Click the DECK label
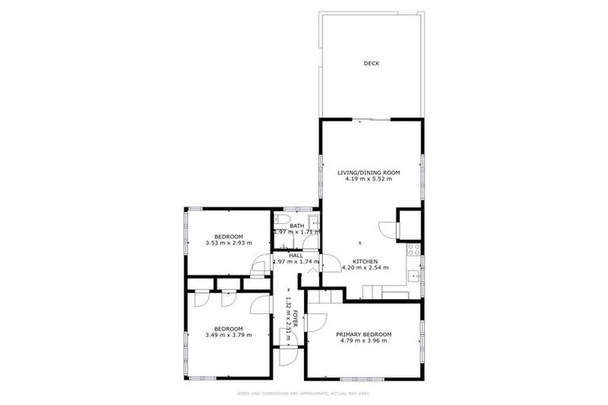pos(371,63)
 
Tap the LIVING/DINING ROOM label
pos(369,172)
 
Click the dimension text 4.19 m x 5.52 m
pos(369,179)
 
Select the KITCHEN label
pos(365,261)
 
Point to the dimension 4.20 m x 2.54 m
pos(365,268)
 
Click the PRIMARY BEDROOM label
pos(364,335)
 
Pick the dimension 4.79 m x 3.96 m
pos(364,342)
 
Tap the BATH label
pos(297,226)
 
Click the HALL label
pos(296,255)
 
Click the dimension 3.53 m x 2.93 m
pos(228,244)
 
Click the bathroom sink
pos(313,222)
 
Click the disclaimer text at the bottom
pos(304,393)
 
